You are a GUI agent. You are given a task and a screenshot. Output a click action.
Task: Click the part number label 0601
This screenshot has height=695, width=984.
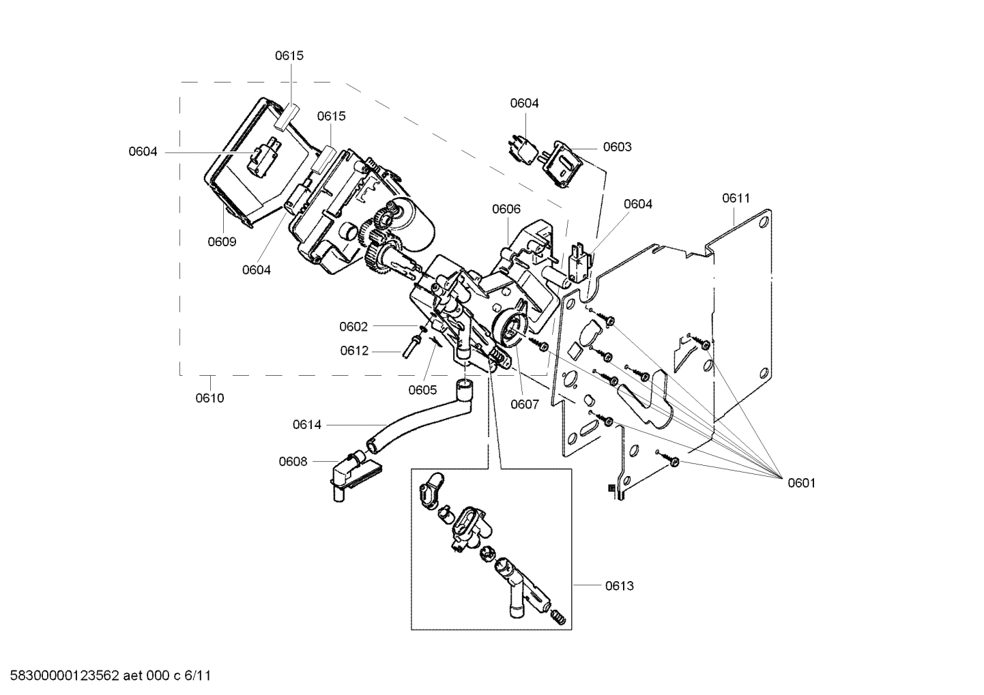coord(801,483)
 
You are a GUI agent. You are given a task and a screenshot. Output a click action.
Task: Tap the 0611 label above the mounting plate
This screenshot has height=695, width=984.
coord(736,198)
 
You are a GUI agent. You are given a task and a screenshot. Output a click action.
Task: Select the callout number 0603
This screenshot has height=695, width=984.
coord(617,147)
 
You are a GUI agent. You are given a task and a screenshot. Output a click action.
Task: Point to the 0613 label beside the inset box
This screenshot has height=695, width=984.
coord(619,585)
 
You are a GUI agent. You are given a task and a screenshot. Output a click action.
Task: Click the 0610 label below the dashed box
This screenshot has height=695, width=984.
coord(209,398)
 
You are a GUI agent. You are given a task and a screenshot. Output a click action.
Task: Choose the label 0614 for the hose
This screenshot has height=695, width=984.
coord(306,425)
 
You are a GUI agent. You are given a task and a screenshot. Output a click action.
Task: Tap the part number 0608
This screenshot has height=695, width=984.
coord(293,461)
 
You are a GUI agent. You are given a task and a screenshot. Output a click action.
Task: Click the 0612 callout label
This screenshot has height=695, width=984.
coord(354,351)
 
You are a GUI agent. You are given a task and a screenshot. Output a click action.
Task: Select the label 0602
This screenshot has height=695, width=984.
coord(353,327)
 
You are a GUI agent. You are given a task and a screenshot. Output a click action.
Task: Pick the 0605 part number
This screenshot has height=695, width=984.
coord(422,390)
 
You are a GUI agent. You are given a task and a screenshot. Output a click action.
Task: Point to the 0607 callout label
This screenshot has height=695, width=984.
coord(525,404)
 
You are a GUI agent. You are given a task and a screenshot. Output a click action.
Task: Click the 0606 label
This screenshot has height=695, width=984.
coord(506,209)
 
